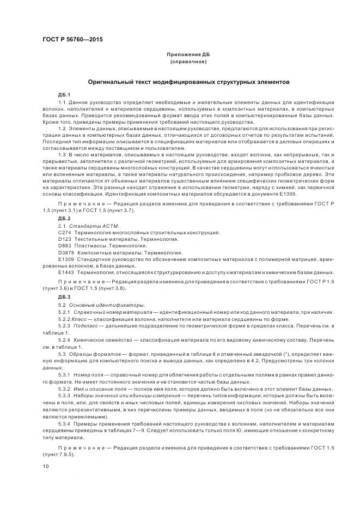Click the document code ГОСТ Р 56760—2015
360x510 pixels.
coord(72,40)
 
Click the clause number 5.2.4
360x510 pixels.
coord(64,339)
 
